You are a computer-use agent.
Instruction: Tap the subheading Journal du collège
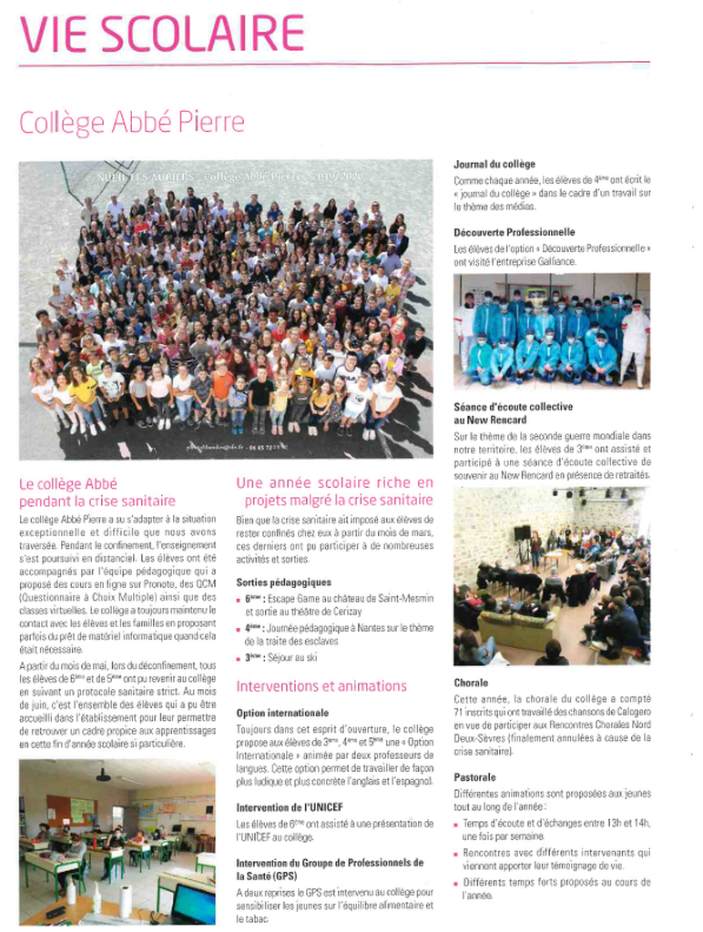point(494,165)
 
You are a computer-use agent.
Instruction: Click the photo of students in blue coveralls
point(552,331)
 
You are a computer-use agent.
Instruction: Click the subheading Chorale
point(471,682)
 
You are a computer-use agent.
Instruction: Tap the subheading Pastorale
point(474,777)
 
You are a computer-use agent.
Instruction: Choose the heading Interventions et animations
point(321,685)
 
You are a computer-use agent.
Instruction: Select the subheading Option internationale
point(282,713)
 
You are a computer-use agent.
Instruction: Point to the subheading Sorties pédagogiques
point(283,582)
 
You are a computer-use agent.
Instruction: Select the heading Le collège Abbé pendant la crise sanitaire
point(97,492)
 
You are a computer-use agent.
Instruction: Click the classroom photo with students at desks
point(117,841)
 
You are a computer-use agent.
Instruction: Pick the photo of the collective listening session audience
point(552,576)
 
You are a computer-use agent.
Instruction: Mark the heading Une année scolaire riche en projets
point(335,491)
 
